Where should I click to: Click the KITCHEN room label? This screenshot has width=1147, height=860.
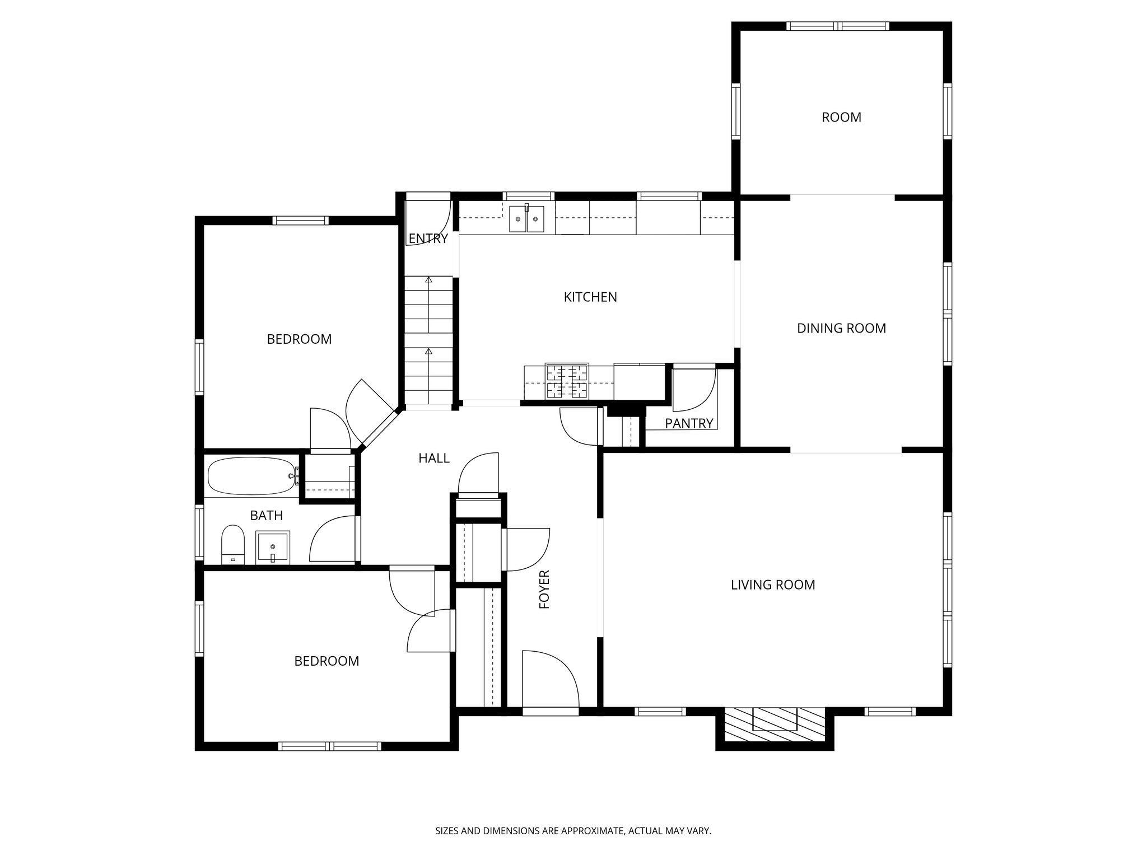(x=590, y=297)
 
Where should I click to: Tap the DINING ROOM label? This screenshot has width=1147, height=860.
(x=841, y=329)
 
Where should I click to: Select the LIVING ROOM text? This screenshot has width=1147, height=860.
(x=773, y=585)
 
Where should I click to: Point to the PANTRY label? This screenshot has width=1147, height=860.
(x=689, y=424)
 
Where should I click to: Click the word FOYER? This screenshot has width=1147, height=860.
(x=544, y=590)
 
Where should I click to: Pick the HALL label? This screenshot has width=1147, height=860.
(x=434, y=459)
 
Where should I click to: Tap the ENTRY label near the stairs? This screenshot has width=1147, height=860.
(x=428, y=239)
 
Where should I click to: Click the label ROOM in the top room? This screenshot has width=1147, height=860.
(x=841, y=118)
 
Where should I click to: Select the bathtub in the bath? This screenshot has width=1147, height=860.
(x=251, y=476)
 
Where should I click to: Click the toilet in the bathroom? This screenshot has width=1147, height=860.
(x=233, y=543)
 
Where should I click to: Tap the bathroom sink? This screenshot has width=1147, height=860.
(x=273, y=547)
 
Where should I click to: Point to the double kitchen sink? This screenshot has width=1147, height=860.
(x=526, y=219)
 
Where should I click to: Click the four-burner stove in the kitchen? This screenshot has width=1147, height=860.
(x=567, y=381)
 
